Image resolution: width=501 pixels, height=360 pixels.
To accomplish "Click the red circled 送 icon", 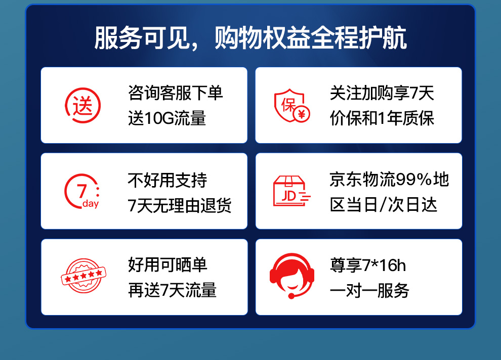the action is coord(83,105).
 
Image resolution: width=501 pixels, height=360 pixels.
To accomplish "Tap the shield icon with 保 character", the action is coord(289,105).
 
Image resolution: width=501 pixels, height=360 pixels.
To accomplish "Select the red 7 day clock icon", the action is coord(82,191).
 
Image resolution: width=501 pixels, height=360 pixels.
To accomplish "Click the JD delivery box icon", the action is coord(291,191).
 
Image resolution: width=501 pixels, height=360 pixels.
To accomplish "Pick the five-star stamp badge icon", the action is coord(83,276).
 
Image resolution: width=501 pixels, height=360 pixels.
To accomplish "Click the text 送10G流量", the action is coord(167,118).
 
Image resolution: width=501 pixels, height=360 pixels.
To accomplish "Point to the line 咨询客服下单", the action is coord(175,93).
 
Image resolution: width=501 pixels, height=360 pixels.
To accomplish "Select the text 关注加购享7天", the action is coord(382,93).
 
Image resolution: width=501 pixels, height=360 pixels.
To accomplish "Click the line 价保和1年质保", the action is coord(382,118).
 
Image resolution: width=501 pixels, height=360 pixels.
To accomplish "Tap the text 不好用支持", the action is coord(167,180).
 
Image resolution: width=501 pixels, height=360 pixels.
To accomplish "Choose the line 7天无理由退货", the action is coord(179,205).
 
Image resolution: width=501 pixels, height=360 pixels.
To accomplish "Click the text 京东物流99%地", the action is coord(389,179).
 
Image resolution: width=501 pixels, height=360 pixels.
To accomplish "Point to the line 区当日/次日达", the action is coord(383,205).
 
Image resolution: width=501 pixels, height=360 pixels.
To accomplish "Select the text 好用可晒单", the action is coord(168,265).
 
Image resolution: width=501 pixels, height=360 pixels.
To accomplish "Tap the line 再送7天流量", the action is coord(172,290).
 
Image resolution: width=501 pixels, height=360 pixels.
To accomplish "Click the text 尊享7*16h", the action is coord(368,265).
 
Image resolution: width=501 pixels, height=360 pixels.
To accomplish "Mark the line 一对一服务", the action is coord(369,290).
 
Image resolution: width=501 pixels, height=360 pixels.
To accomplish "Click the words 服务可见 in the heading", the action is coord(142,38).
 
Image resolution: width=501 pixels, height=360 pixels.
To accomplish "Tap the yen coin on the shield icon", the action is coord(302,114).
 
